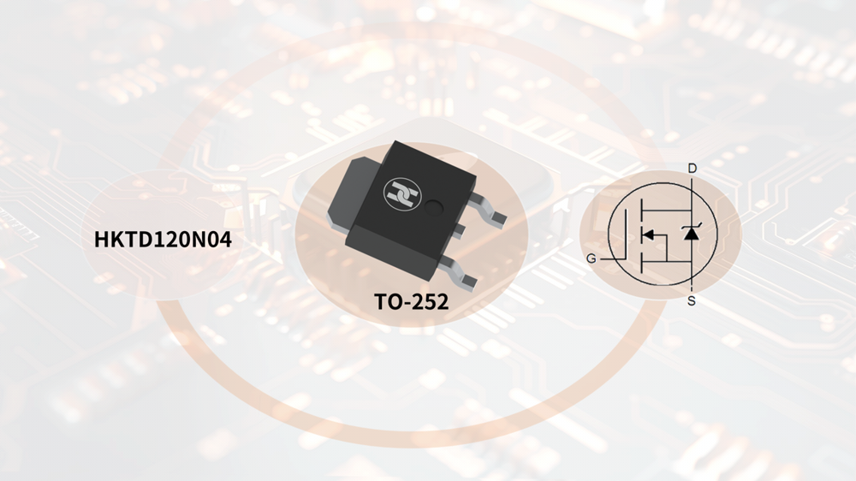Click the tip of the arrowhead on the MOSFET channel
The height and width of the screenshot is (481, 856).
(x=643, y=235)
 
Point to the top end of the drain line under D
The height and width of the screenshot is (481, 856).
(x=692, y=175)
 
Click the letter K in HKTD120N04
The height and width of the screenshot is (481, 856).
(x=118, y=240)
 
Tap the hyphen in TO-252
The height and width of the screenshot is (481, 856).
(x=407, y=302)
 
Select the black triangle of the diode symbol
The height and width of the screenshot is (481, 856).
(x=692, y=234)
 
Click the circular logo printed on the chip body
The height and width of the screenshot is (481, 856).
(x=402, y=193)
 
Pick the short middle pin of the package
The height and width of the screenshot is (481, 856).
(x=459, y=229)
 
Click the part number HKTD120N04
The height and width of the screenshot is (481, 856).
(x=163, y=240)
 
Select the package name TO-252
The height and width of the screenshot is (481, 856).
(x=411, y=301)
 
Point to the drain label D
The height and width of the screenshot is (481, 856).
(x=693, y=168)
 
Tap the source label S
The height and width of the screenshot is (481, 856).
(x=691, y=300)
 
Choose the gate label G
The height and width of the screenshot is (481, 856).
(x=591, y=258)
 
